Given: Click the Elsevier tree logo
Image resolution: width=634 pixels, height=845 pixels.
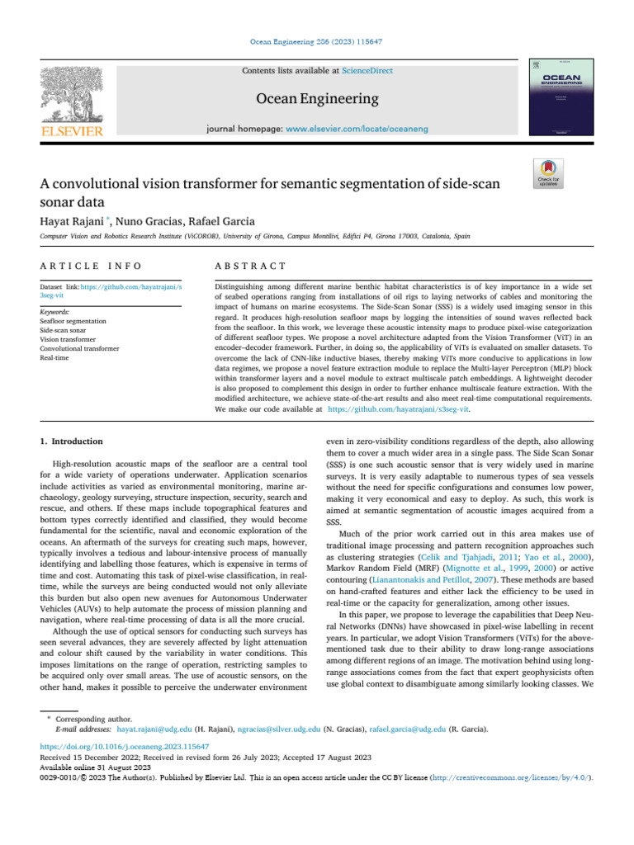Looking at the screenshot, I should point(72,98).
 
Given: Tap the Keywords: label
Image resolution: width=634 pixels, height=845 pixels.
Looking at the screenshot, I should point(55,313).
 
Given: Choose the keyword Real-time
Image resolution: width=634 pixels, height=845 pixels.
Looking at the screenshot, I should point(54,357).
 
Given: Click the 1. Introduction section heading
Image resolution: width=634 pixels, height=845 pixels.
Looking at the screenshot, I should point(73,441).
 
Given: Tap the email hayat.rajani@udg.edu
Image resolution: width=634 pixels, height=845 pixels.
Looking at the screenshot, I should point(154,730).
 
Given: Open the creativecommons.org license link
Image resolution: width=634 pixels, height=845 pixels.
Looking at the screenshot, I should point(512,777).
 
